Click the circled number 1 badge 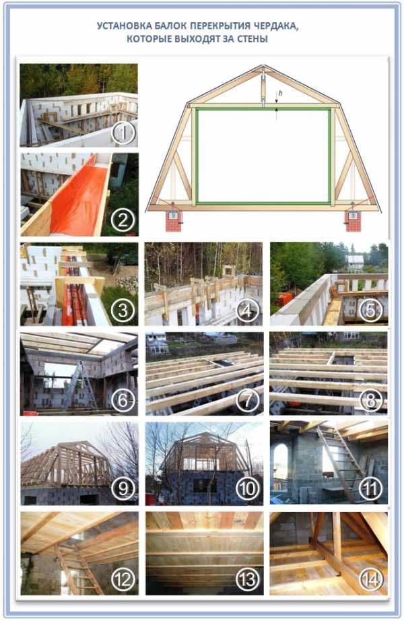[124, 133]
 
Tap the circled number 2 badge [123, 220]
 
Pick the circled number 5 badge [371, 310]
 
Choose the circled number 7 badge [248, 400]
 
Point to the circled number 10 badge [248, 489]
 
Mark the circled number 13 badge [248, 579]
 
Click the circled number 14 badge [371, 579]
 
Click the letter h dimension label [280, 93]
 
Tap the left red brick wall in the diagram [174, 221]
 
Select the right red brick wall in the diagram [353, 221]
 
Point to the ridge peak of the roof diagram [263, 66]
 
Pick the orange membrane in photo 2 [79, 198]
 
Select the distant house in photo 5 [355, 263]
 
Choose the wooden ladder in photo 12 [77, 570]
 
